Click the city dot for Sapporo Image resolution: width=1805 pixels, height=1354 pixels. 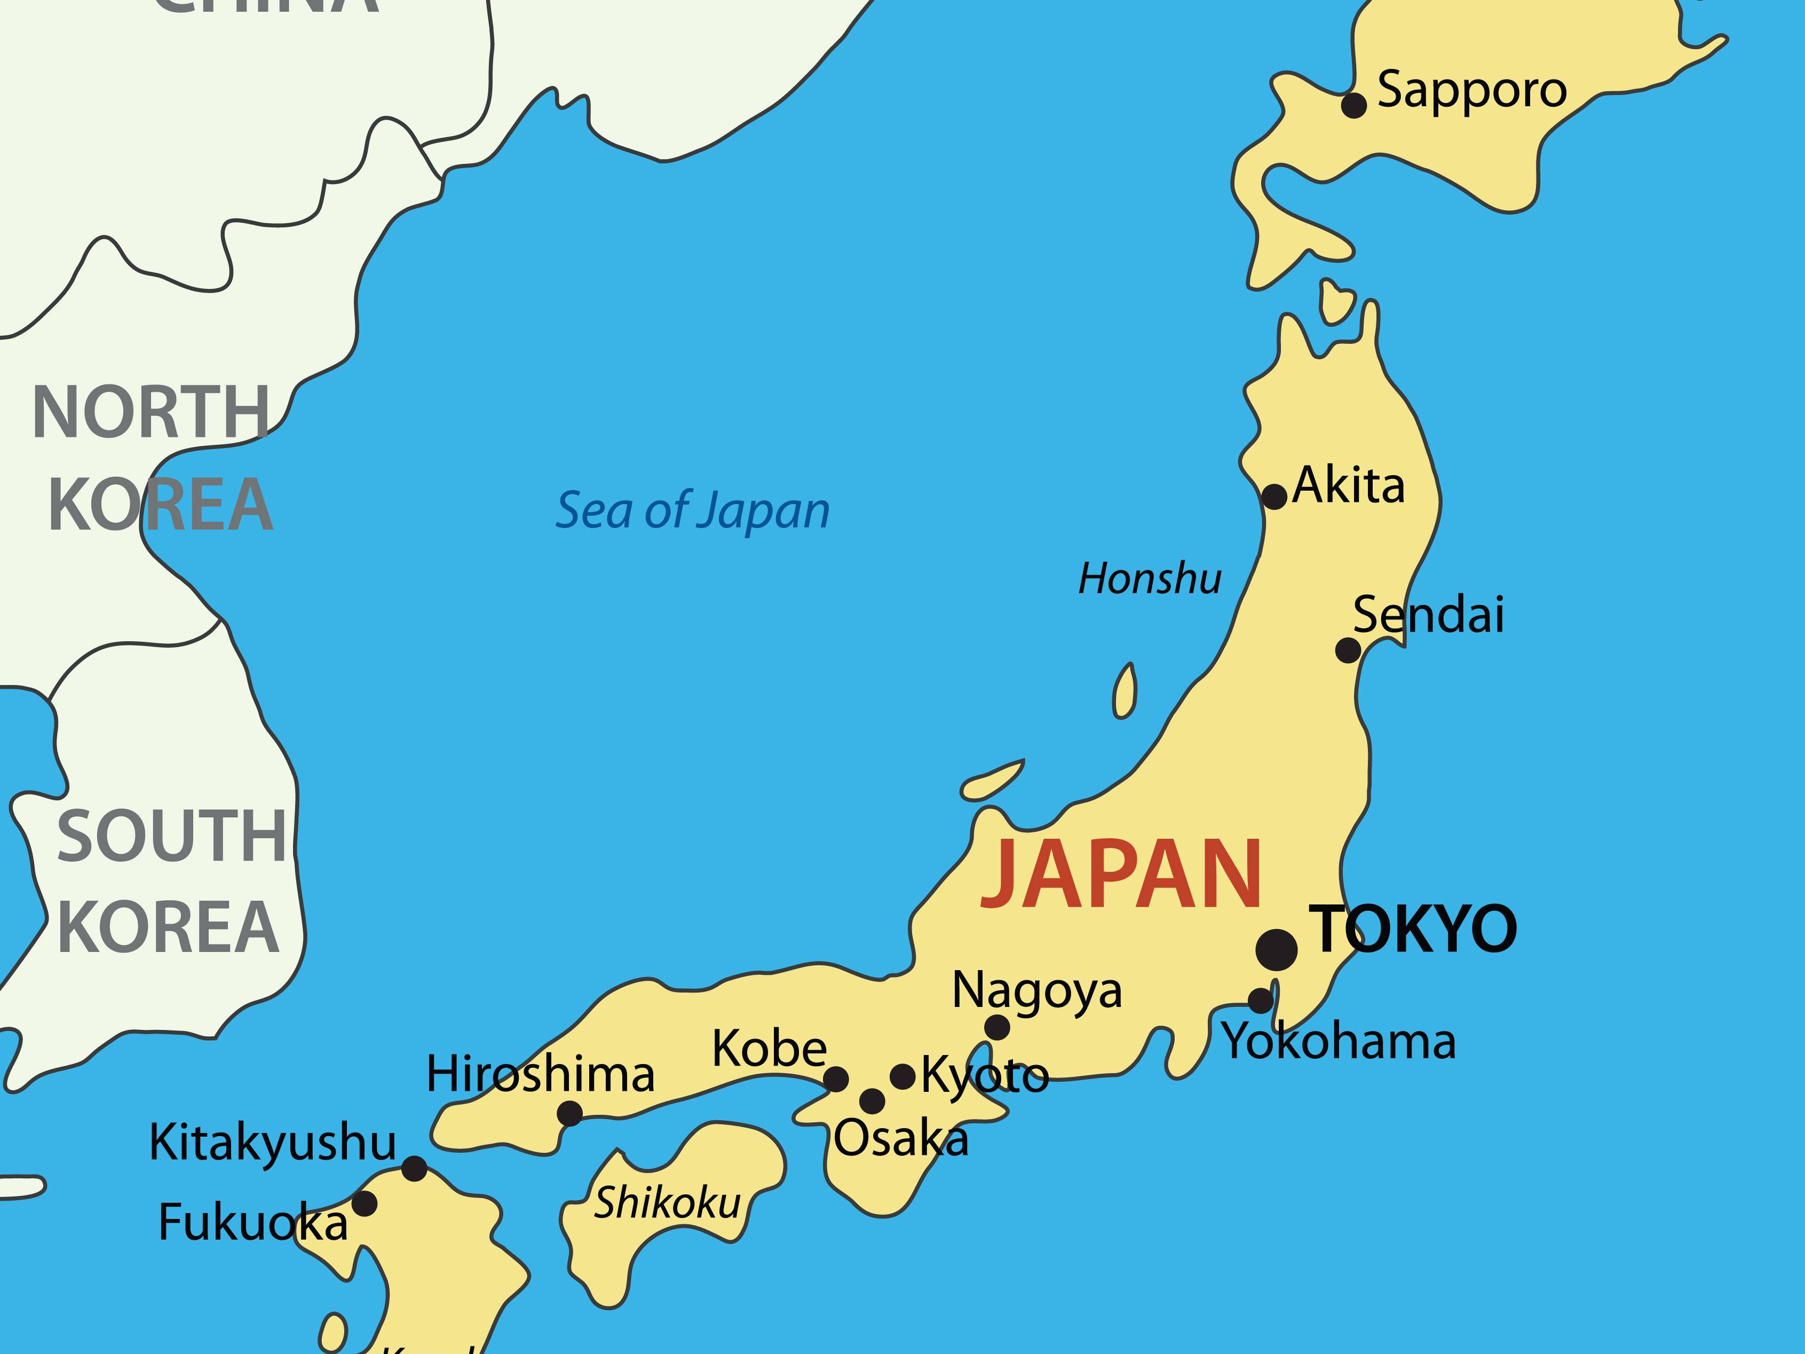pos(1353,105)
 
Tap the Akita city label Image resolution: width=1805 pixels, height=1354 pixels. pos(1349,486)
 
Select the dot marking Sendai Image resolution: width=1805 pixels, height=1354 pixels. pos(1348,650)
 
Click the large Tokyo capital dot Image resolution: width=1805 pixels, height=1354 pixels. pos(1276,950)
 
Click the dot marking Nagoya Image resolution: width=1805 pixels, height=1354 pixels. pos(997,1028)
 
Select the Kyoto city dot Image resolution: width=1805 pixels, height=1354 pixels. pos(902,1076)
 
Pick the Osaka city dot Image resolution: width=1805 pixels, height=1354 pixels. pos(872,1101)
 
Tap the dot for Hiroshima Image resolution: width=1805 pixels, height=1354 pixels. pos(569,1113)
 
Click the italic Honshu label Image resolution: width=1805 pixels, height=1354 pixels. pos(1150,579)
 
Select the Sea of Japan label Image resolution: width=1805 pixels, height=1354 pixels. pos(692,511)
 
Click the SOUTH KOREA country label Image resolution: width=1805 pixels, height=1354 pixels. pos(170,882)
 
